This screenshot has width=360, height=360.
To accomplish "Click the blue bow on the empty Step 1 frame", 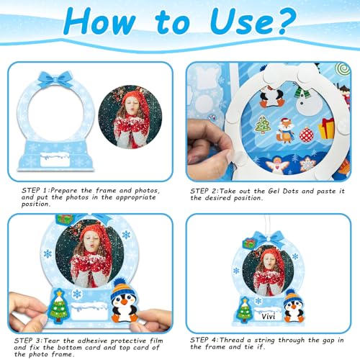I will click(51, 78).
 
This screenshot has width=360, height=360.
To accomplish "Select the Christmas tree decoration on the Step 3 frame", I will click(58, 306).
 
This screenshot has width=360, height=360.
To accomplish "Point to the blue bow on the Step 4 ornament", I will click(268, 238).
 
